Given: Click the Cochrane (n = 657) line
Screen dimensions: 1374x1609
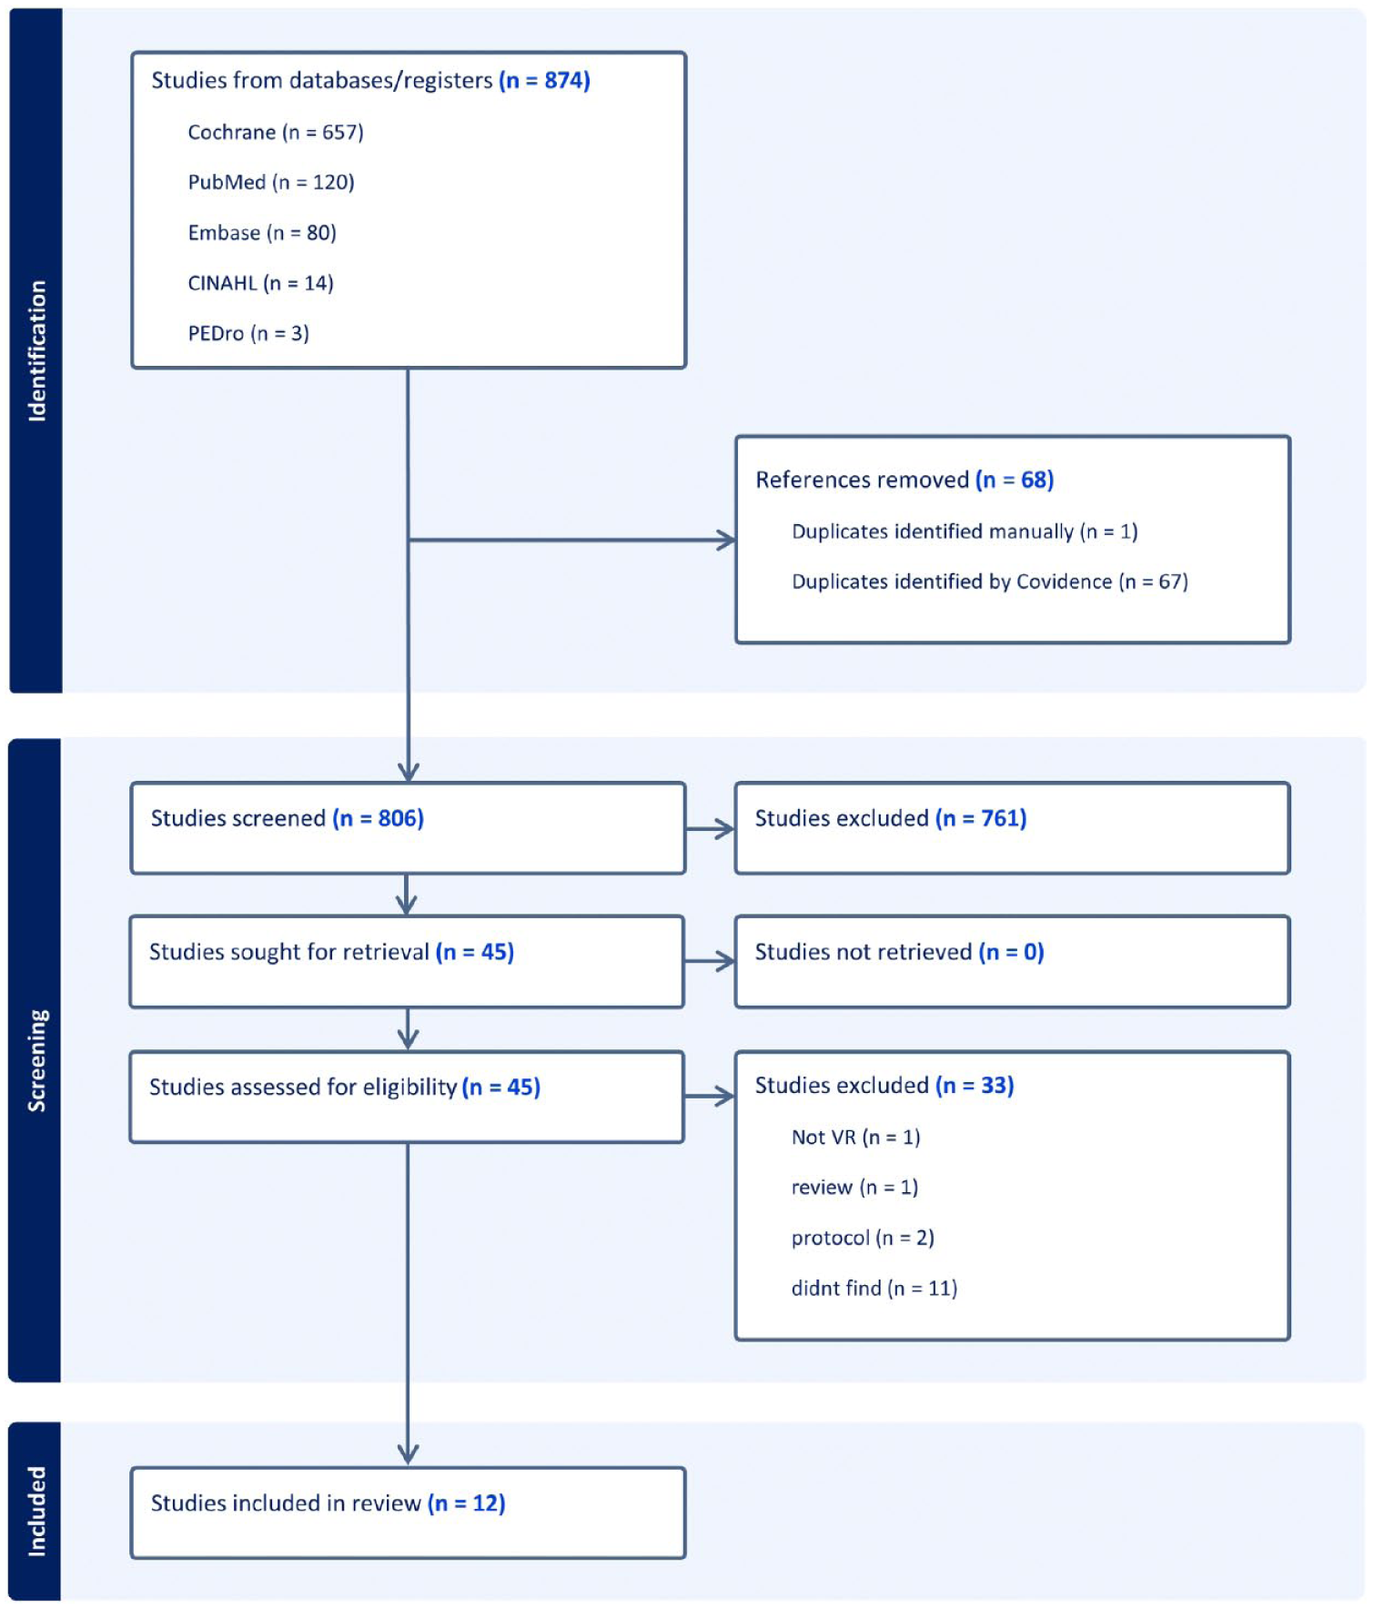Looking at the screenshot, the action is [276, 133].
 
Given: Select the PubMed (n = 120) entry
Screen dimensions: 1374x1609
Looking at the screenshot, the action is [271, 183].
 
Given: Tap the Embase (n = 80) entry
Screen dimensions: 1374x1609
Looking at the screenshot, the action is [262, 233].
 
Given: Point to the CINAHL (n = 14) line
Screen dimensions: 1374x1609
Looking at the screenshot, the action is [260, 283].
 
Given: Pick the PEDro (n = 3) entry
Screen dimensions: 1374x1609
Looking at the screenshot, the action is [248, 333].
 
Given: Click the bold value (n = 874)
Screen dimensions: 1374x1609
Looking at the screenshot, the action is [544, 81].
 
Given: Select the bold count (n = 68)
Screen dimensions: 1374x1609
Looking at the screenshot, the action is [1015, 480].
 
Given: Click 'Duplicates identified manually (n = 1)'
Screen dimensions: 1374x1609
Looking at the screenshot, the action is [965, 531].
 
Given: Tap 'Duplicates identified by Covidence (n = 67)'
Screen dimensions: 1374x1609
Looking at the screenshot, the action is [990, 582].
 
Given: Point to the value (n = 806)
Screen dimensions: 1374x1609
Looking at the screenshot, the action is [378, 818].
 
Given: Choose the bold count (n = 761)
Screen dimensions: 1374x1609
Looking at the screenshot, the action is [981, 818].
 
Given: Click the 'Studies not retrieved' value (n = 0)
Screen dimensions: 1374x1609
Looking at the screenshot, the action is [1011, 952].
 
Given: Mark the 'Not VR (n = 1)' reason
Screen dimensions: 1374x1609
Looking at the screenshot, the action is [855, 1137].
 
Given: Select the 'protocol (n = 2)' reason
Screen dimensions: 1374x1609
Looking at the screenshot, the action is [863, 1238].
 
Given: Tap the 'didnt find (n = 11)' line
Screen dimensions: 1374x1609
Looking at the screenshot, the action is [874, 1288].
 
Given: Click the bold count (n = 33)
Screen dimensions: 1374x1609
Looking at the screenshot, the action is [975, 1085].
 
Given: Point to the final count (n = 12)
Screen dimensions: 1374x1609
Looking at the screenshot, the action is [467, 1503].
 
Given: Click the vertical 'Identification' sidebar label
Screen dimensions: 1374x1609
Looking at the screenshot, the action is [36, 350].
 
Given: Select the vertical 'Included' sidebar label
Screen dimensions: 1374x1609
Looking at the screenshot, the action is [36, 1511].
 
